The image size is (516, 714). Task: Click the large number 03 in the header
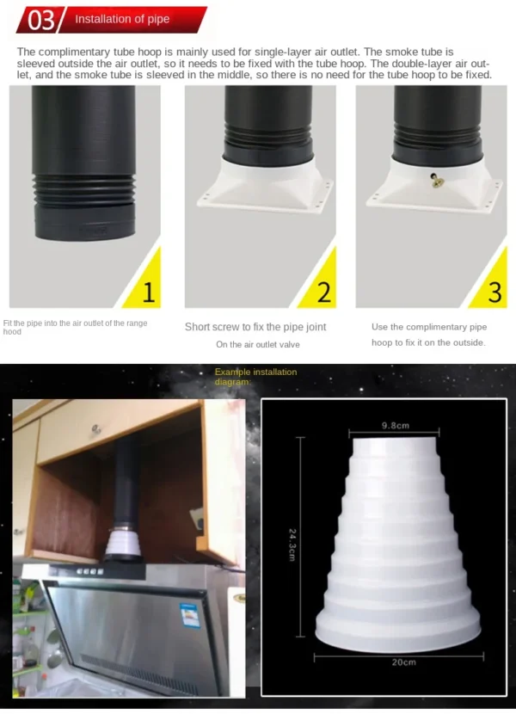click(41, 21)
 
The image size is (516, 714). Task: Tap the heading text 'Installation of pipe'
click(122, 19)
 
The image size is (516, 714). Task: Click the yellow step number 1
click(149, 292)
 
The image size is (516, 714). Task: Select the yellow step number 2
click(324, 292)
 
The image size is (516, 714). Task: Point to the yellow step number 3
click(494, 292)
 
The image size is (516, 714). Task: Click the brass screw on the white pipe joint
click(436, 181)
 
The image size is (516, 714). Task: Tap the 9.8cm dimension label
click(396, 426)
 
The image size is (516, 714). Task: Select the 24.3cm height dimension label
click(292, 545)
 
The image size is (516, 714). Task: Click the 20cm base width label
click(403, 662)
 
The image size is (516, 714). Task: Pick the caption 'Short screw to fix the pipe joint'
click(255, 327)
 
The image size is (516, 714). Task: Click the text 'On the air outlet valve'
click(258, 345)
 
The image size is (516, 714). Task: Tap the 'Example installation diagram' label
click(256, 377)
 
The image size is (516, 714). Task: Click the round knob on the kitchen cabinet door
click(96, 429)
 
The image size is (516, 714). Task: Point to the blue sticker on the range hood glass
click(190, 615)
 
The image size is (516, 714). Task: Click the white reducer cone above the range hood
click(123, 542)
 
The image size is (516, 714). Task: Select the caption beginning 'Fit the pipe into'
click(75, 328)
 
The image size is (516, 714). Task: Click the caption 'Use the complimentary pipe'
click(429, 327)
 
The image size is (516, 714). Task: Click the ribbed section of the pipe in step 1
click(83, 190)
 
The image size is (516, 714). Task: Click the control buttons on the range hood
click(89, 571)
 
